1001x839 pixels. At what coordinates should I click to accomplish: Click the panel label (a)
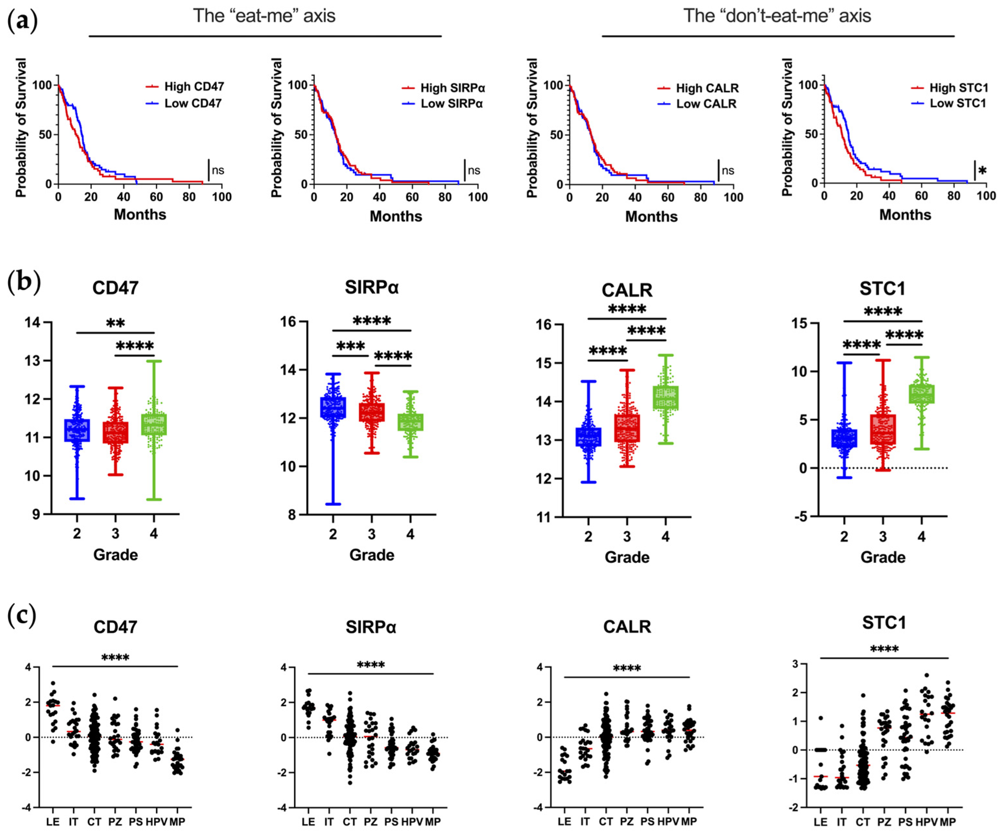tap(22, 21)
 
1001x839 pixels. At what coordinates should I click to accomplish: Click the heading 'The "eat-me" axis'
tap(264, 16)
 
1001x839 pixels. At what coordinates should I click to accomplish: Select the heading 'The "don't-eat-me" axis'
tap(777, 16)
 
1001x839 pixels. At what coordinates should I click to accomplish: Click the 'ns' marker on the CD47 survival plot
tap(218, 170)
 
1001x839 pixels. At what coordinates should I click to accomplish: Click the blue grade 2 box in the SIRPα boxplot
tap(333, 407)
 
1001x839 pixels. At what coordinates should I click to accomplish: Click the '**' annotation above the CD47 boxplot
tap(115, 323)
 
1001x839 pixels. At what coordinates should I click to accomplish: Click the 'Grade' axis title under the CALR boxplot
tap(627, 557)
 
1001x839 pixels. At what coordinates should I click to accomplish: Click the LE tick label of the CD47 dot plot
tap(53, 822)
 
